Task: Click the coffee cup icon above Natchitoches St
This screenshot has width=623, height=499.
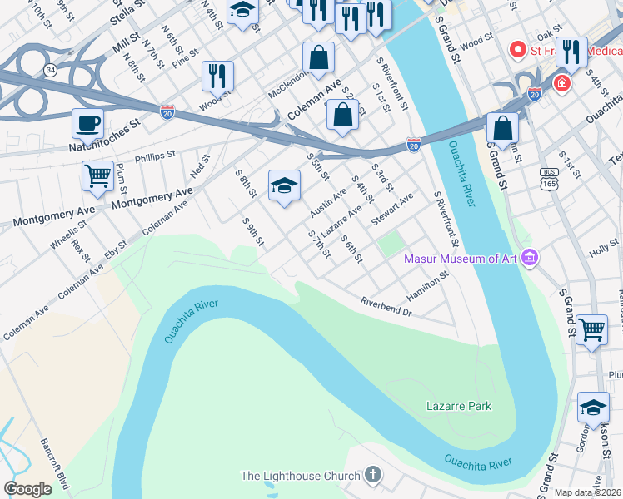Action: [x=87, y=125]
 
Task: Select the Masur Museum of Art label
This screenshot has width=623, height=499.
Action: [x=461, y=259]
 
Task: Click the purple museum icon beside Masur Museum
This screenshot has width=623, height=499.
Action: [x=529, y=259]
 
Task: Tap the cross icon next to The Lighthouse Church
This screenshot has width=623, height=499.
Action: [x=373, y=476]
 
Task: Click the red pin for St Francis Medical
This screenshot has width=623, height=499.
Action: [x=517, y=50]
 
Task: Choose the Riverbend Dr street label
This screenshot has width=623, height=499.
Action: [x=386, y=306]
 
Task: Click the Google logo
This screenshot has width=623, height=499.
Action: [x=27, y=489]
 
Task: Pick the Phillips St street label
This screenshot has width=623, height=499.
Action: [x=156, y=155]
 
